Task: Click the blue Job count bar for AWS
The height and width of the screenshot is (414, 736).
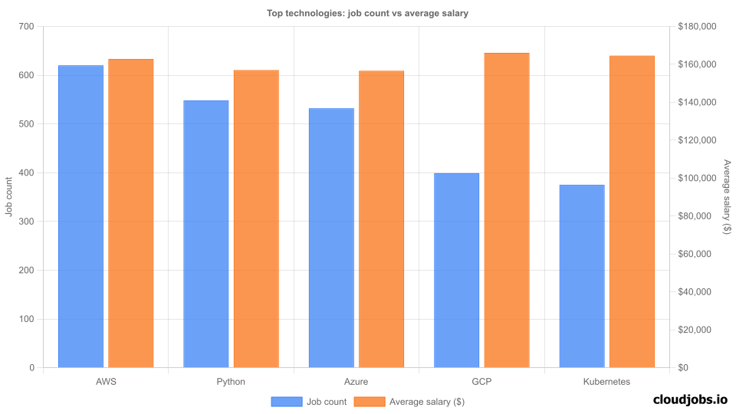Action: tap(80, 216)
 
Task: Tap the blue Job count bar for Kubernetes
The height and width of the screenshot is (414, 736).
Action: tap(582, 276)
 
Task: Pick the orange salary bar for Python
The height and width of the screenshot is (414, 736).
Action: tap(256, 219)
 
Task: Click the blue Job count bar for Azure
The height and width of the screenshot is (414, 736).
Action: tap(331, 238)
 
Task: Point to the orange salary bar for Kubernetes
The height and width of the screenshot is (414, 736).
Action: tap(632, 212)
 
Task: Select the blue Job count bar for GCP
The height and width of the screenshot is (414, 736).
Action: tap(456, 270)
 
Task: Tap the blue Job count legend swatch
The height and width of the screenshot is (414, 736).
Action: tap(286, 401)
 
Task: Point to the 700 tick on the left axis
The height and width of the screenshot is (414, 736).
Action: tap(26, 27)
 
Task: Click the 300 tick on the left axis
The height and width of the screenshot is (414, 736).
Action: tap(26, 222)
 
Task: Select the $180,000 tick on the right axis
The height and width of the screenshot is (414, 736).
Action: tap(697, 27)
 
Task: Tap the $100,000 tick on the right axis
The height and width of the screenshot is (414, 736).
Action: tap(697, 178)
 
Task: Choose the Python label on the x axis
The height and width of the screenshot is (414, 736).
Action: tap(231, 381)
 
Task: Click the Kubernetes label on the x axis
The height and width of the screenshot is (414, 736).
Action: tap(606, 381)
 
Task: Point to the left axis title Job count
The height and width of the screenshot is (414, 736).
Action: tap(9, 197)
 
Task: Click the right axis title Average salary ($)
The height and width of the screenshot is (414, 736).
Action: tap(727, 197)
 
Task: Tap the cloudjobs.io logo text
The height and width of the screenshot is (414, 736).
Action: tap(689, 399)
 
